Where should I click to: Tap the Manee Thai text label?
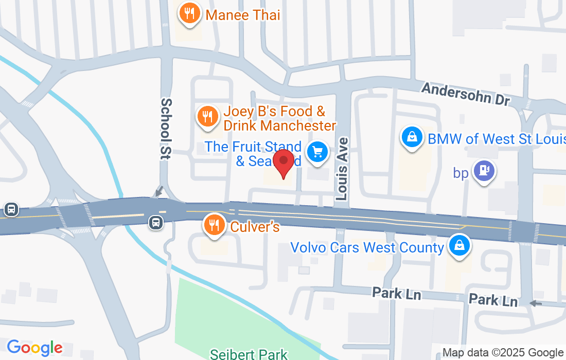(x=243, y=15)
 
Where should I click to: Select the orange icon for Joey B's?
(x=207, y=116)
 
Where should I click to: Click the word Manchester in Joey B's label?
(x=298, y=125)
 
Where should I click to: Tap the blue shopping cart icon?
(x=317, y=152)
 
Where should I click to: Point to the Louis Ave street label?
(x=342, y=168)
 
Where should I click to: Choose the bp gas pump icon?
(x=484, y=170)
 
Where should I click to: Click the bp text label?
(x=461, y=173)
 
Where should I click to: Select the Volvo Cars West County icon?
(x=457, y=245)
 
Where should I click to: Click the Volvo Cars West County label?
(x=367, y=247)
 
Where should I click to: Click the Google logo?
(x=34, y=348)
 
